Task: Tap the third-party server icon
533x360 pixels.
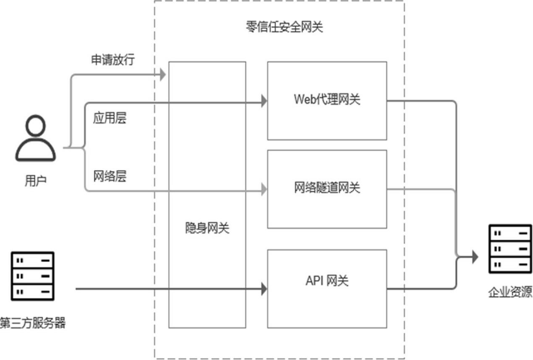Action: (x=33, y=275)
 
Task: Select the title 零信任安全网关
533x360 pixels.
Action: (x=284, y=27)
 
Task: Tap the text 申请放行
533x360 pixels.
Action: (x=113, y=60)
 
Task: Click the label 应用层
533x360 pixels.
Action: (x=110, y=118)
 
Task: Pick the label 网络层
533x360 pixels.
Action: (x=110, y=176)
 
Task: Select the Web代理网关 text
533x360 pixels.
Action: (x=327, y=100)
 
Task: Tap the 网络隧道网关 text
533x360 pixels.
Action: (x=327, y=188)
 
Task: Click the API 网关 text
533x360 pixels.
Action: (x=327, y=280)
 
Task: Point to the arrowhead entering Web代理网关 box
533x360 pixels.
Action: (x=264, y=101)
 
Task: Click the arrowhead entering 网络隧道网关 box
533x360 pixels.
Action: (x=264, y=190)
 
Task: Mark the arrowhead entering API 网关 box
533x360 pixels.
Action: (x=264, y=289)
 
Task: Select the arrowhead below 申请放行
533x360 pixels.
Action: (x=162, y=75)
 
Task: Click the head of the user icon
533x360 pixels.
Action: (x=35, y=126)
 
